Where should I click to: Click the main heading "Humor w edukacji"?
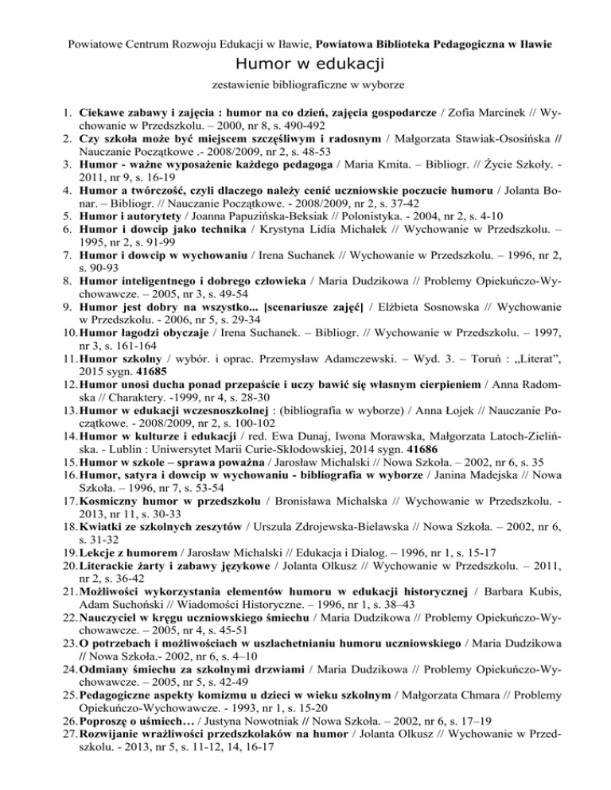305,63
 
